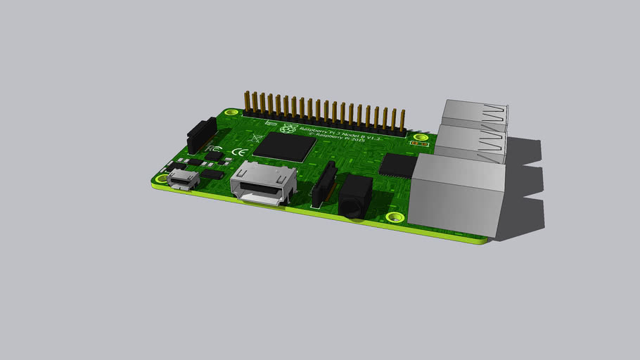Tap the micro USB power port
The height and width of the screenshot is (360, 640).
184,179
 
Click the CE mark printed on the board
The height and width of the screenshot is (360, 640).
239,150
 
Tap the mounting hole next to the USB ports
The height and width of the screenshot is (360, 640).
421,138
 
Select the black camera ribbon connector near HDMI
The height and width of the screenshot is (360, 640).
324,184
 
